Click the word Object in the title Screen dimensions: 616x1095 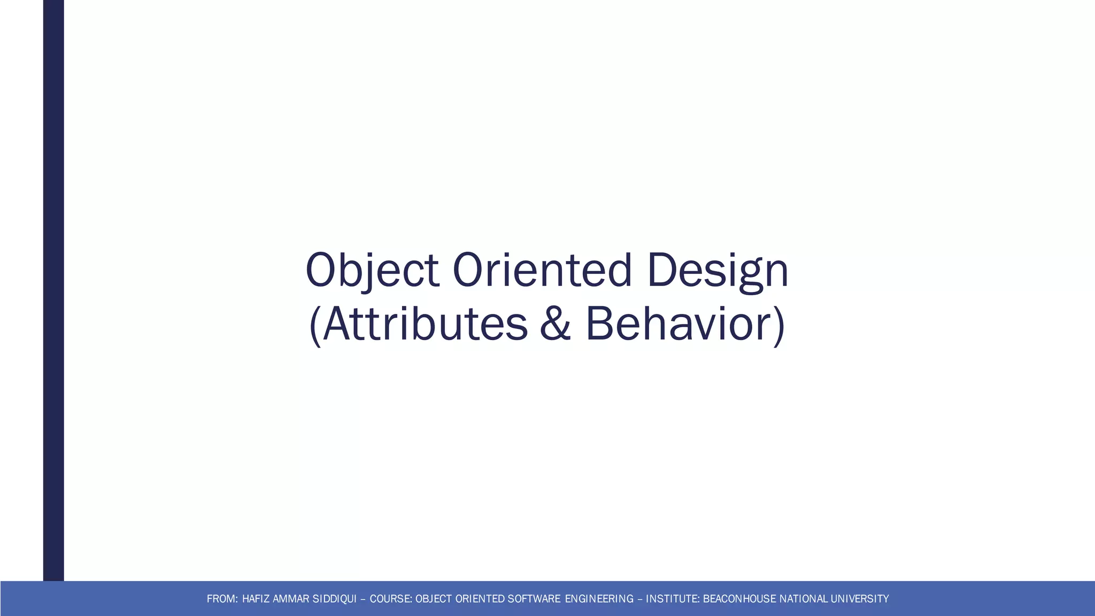372,271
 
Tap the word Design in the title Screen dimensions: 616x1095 717,271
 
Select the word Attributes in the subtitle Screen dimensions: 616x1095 426,324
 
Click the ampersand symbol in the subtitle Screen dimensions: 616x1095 555,324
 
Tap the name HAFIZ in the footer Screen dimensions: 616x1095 256,599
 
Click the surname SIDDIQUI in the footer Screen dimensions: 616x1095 334,599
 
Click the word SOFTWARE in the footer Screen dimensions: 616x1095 534,599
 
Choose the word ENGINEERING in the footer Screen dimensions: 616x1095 599,599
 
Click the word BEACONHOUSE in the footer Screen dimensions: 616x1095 739,599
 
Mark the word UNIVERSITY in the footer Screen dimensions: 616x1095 860,599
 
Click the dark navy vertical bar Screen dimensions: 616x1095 53,289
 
